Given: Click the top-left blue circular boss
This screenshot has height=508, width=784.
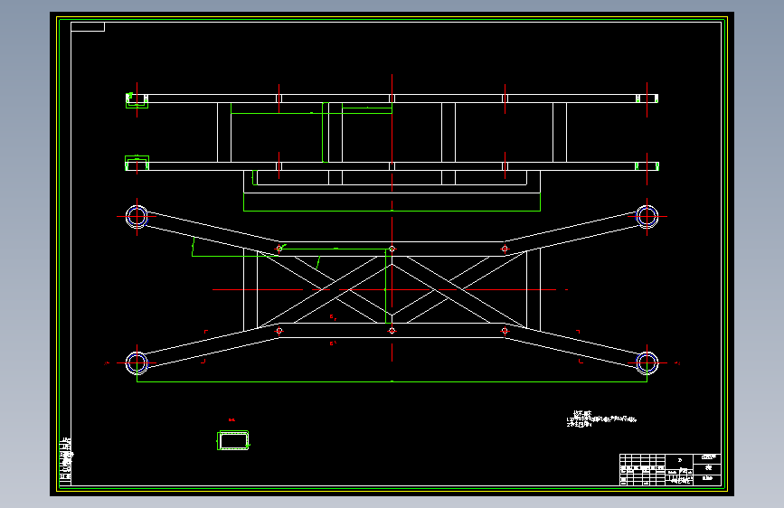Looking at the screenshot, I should coord(137,215).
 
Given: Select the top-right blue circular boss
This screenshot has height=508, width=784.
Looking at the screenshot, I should coord(647,215).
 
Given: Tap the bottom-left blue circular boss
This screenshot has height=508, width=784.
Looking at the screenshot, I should coord(137,362).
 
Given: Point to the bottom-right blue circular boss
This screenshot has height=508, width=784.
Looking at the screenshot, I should coord(647,362).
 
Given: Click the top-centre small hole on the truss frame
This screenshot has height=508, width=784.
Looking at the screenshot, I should coord(392,249).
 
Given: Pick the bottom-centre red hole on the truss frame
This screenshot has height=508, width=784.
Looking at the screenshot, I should coord(392,331).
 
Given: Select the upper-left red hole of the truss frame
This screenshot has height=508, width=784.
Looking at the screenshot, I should coord(279,249).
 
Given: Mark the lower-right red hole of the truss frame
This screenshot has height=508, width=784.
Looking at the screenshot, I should coord(504,331).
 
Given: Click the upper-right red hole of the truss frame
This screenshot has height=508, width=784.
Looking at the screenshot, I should coord(504,249).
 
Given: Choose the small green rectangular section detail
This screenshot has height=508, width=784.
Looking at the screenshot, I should coord(234,440).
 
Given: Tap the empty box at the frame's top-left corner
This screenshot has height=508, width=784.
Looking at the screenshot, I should coord(88,26).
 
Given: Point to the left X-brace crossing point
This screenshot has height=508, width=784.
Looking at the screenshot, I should coord(323,290).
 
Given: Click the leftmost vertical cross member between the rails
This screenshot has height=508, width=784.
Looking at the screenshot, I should coord(224,132).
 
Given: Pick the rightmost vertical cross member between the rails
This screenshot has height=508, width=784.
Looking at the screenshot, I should coord(560,132).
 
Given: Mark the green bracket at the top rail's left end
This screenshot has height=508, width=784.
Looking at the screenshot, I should coord(137,100).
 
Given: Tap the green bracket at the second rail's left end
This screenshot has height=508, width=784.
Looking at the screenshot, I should coord(137,164).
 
